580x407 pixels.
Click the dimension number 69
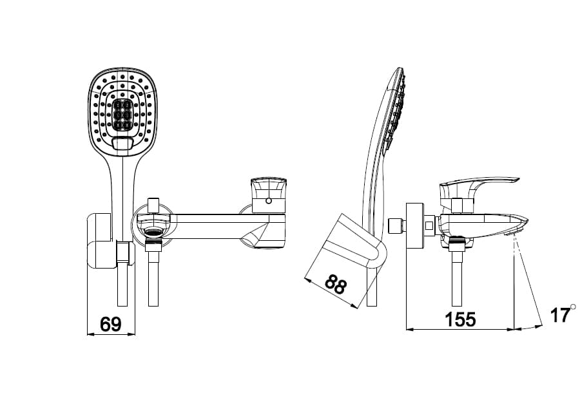click(111, 324)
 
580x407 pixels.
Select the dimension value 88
click(335, 283)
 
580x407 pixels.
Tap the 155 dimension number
click(460, 319)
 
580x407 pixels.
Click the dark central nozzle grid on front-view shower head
click(122, 115)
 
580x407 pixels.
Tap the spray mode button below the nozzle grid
click(122, 144)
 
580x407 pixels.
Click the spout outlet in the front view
click(261, 241)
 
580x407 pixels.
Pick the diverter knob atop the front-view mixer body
click(153, 204)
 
